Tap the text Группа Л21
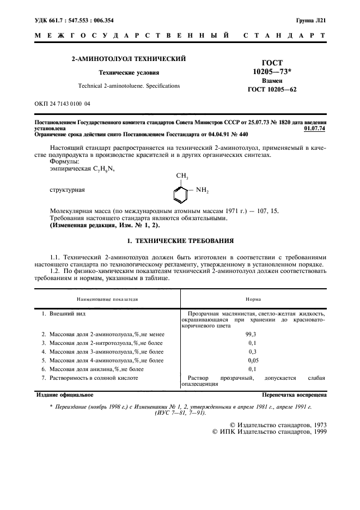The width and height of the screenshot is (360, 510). coord(310,20)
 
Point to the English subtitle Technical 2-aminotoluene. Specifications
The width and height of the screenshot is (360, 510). coord(129,86)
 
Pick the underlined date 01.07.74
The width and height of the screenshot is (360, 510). coord(315,129)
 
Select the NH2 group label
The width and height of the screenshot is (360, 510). coord(202,190)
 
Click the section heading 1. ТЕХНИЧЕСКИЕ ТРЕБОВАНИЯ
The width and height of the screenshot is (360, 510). coord(180,240)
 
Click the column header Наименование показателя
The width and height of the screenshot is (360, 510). coord(107,299)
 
